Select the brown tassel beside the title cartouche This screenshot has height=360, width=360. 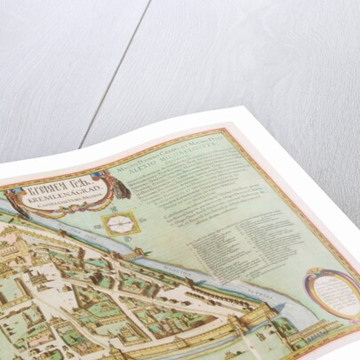(121, 185)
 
